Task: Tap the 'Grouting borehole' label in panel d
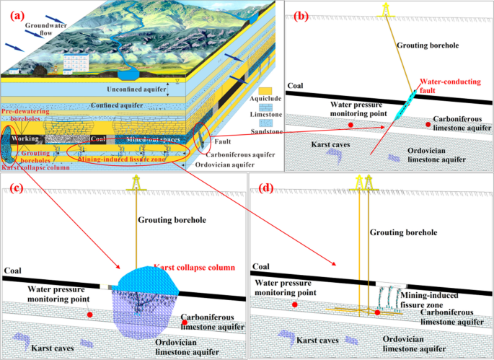pos(402,233)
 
